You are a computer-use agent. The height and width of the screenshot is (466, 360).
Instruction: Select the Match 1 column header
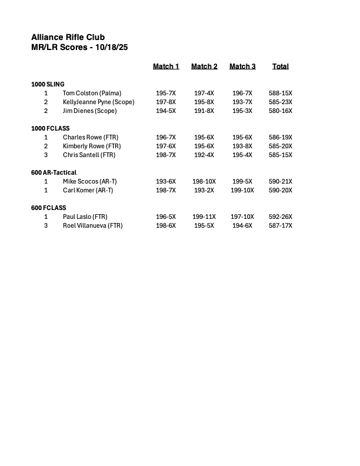(166, 66)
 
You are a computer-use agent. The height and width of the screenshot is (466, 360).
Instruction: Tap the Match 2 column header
(204, 66)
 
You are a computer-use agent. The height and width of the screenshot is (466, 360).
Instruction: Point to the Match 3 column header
(242, 66)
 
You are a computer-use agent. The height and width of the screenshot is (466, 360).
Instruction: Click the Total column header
(281, 66)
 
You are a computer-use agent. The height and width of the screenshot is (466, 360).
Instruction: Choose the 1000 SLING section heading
(48, 84)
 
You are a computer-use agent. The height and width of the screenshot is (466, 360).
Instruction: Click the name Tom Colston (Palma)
(91, 93)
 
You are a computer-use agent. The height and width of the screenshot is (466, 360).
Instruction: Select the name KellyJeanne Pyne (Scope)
(99, 102)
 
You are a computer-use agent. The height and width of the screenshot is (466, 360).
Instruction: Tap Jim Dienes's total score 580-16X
(281, 111)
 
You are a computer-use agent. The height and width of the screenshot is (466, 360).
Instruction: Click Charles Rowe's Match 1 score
(166, 137)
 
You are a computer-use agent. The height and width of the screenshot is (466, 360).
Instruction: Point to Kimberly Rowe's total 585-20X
(281, 146)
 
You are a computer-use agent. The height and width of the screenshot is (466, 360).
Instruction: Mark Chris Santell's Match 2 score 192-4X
(204, 155)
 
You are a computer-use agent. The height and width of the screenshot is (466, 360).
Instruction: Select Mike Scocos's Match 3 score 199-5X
(242, 181)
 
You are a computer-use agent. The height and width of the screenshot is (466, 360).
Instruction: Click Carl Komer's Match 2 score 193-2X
(204, 190)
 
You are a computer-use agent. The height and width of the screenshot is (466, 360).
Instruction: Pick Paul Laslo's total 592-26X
(281, 217)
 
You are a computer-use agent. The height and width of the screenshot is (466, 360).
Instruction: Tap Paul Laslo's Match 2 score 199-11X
(204, 217)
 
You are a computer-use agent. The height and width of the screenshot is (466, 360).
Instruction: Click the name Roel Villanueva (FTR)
(93, 225)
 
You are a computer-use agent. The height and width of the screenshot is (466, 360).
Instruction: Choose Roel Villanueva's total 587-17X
(281, 225)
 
